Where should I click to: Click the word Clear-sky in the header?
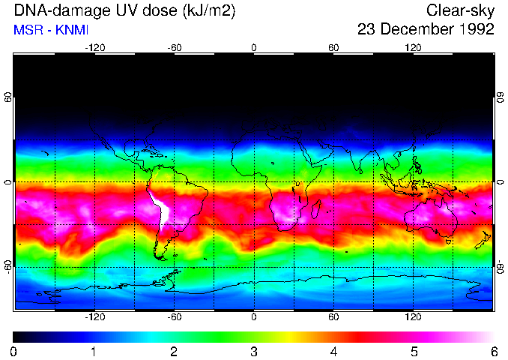pyautogui.click(x=460, y=10)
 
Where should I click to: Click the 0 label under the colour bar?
pyautogui.click(x=14, y=351)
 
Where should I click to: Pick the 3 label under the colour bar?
pyautogui.click(x=254, y=351)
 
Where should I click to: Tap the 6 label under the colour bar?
pyautogui.click(x=493, y=351)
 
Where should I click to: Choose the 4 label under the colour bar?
pyautogui.click(x=333, y=351)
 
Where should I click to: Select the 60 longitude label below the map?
pyautogui.click(x=333, y=317)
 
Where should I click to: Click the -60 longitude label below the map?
pyautogui.click(x=175, y=317)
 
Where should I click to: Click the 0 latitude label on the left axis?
pyautogui.click(x=8, y=182)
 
